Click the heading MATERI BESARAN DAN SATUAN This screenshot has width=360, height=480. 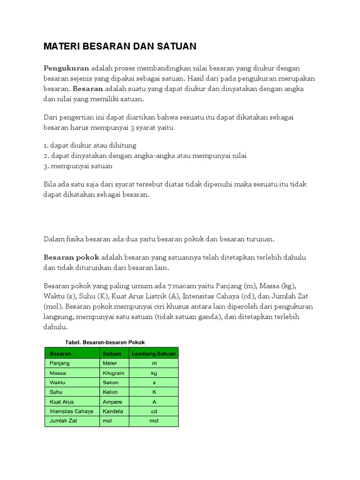pos(120,46)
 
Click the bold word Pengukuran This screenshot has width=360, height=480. pos(66,68)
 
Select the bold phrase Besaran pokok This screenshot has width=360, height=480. pos(71,257)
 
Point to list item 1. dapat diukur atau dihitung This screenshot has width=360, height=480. pos(90,145)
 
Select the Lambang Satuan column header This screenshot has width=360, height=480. pos(154,354)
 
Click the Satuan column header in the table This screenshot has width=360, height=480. pos(112,354)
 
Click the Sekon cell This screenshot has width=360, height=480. pos(111,382)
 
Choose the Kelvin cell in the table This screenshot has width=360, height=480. pos(111,392)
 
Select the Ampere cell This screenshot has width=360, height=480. pos(112,402)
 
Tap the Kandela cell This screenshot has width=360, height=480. pos(113,411)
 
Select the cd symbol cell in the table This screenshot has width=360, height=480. pos(154,411)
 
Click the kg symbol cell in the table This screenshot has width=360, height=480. pos(154,373)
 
